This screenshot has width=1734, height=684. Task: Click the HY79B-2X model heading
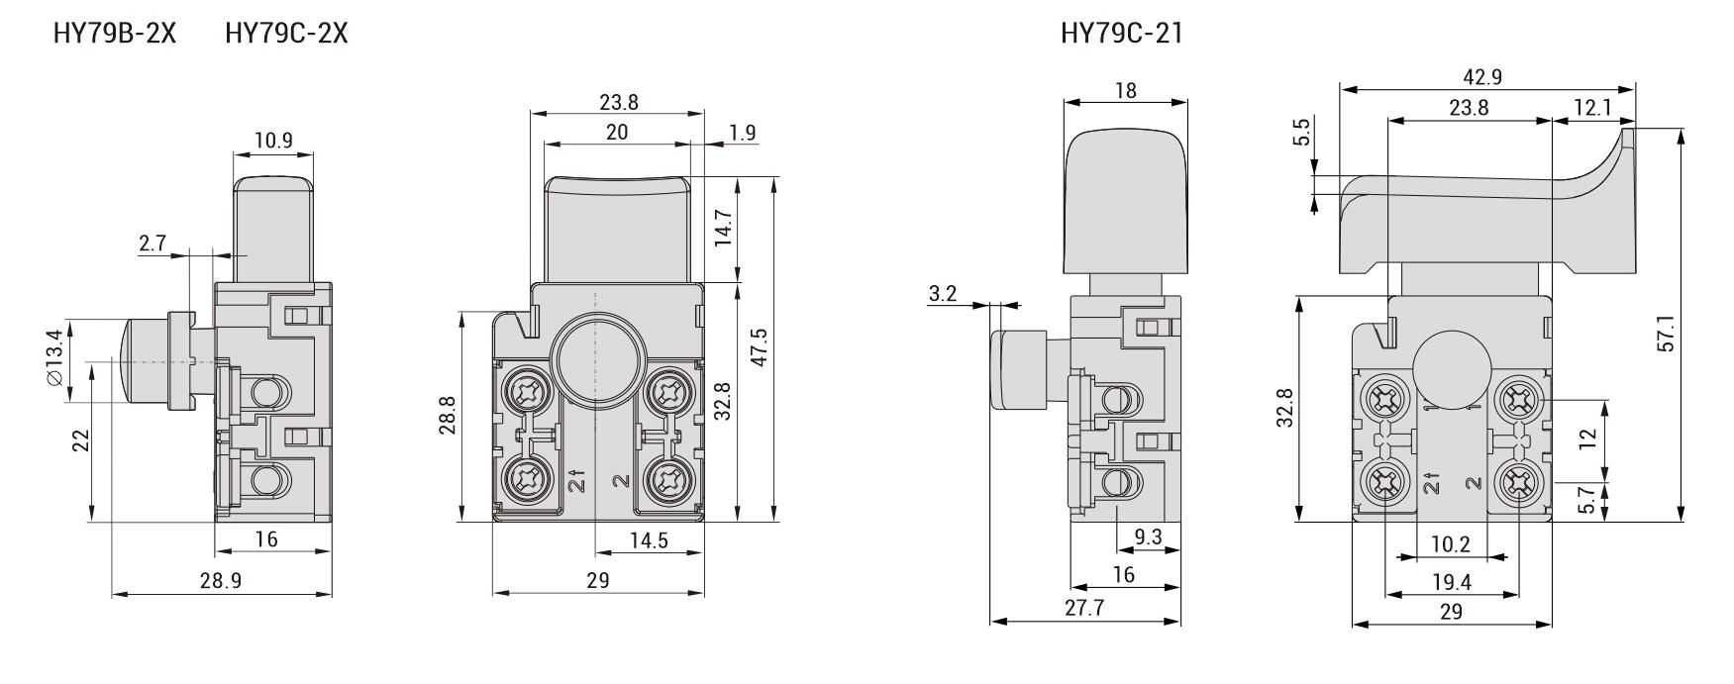click(115, 34)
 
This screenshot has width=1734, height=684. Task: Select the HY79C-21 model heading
click(1121, 34)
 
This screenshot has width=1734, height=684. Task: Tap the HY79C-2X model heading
click(286, 34)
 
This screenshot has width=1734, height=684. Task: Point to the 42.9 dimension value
click(1482, 77)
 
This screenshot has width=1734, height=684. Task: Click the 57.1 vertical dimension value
click(1666, 334)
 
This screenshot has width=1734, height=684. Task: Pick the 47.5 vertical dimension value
click(760, 347)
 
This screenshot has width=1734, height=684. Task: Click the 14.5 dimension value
click(649, 540)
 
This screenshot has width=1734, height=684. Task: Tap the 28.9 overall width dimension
click(220, 581)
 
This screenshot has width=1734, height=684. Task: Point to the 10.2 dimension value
click(1451, 544)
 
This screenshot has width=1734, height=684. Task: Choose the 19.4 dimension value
click(1452, 583)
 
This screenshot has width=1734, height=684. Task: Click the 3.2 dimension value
click(943, 294)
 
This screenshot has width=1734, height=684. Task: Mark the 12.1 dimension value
click(1592, 108)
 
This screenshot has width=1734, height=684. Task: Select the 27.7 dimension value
click(1084, 609)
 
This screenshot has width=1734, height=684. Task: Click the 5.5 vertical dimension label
click(1302, 133)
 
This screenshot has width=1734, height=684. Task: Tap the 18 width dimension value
click(1125, 90)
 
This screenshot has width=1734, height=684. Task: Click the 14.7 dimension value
click(724, 229)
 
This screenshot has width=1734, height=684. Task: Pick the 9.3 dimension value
click(1148, 537)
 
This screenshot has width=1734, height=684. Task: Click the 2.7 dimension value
click(153, 244)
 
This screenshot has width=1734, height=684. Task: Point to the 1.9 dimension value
click(742, 133)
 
